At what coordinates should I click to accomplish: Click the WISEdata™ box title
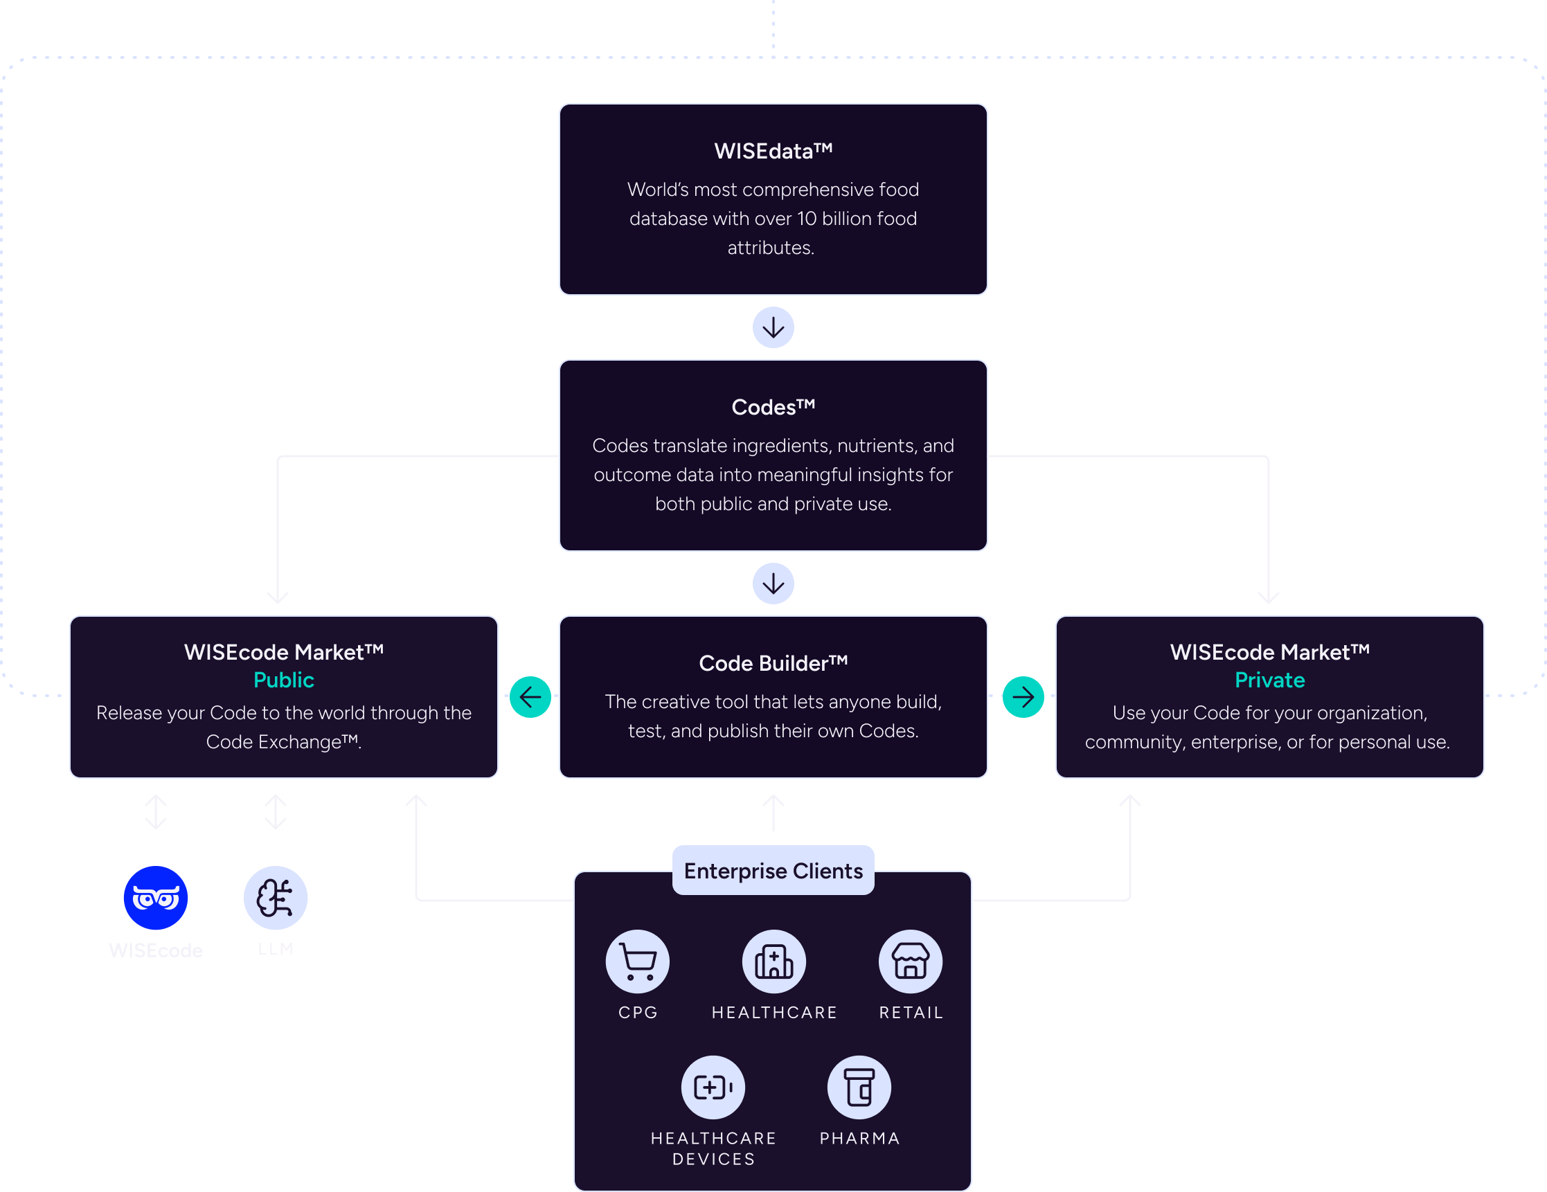[x=773, y=151]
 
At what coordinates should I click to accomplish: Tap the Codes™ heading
[x=773, y=407]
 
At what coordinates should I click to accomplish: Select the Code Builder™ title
[x=773, y=663]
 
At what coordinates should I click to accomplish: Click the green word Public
[x=283, y=680]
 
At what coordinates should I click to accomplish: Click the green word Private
[x=1269, y=680]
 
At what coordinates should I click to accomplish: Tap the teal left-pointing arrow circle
[x=530, y=697]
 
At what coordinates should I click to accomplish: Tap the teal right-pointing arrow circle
[x=1023, y=697]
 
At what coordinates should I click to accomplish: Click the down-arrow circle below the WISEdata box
[x=773, y=327]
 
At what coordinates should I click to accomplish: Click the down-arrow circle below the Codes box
[x=773, y=584]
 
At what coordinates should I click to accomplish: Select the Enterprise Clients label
[x=773, y=870]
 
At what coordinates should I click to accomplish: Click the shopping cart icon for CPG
[x=637, y=961]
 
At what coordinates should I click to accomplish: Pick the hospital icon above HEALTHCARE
[x=773, y=961]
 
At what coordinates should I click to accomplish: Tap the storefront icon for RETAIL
[x=910, y=961]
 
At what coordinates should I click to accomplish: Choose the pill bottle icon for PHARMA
[x=859, y=1087]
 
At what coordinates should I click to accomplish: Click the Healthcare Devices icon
[x=713, y=1087]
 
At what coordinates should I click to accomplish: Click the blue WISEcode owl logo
[x=155, y=897]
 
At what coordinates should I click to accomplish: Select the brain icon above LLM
[x=275, y=897]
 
